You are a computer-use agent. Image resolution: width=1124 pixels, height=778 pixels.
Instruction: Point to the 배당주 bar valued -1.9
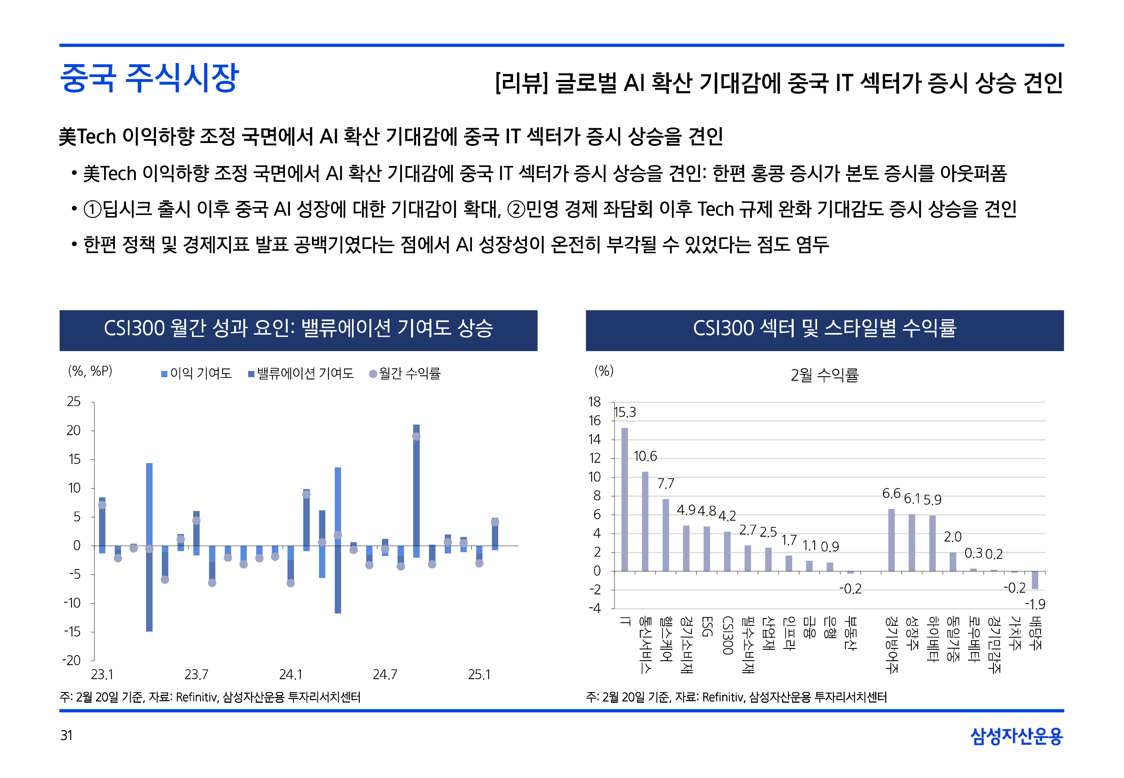tap(1034, 580)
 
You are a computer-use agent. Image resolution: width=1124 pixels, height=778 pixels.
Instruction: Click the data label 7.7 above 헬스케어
tap(665, 484)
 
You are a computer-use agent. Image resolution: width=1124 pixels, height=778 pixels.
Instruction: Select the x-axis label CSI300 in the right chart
tap(727, 635)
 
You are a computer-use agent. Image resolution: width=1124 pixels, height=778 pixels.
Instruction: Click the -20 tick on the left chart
tap(72, 661)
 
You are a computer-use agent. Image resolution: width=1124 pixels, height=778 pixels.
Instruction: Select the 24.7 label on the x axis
tap(385, 675)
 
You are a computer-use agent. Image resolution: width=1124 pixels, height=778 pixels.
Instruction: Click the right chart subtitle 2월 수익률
tap(824, 375)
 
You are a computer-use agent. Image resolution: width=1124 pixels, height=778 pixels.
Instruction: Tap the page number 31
tap(66, 735)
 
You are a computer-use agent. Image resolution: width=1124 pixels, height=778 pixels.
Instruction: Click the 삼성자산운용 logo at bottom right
tap(1016, 735)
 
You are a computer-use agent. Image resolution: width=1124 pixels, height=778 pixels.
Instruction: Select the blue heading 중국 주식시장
tap(149, 78)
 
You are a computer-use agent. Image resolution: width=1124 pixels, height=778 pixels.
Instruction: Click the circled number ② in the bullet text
tap(516, 210)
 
